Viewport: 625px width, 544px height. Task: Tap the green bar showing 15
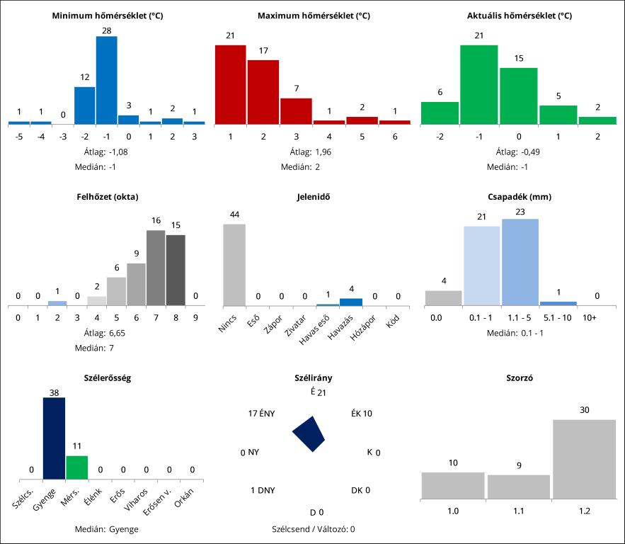point(518,96)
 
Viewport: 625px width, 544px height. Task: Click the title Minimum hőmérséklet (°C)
point(108,16)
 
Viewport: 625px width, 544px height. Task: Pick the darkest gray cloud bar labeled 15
point(176,270)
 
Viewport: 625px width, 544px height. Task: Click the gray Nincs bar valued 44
point(234,265)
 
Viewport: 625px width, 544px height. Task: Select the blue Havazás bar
point(351,302)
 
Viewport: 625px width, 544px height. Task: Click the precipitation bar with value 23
point(520,262)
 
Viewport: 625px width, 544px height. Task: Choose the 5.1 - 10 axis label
point(558,319)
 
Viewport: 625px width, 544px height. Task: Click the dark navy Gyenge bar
point(54,438)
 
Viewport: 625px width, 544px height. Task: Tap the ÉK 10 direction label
point(361,414)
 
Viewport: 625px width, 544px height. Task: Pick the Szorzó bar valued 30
point(584,458)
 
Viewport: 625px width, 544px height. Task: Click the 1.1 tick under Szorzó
point(519,510)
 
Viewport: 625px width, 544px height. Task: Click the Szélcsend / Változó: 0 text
point(313,528)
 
